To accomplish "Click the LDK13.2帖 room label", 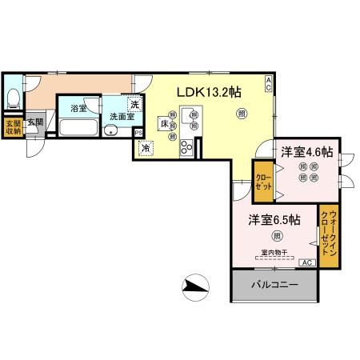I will (x=209, y=92).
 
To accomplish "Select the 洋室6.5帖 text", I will (x=274, y=218).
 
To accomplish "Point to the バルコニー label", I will (x=274, y=285).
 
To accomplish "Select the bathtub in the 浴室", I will (x=78, y=128).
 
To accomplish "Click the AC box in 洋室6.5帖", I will (x=305, y=262).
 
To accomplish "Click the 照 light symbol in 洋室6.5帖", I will (x=276, y=235).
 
